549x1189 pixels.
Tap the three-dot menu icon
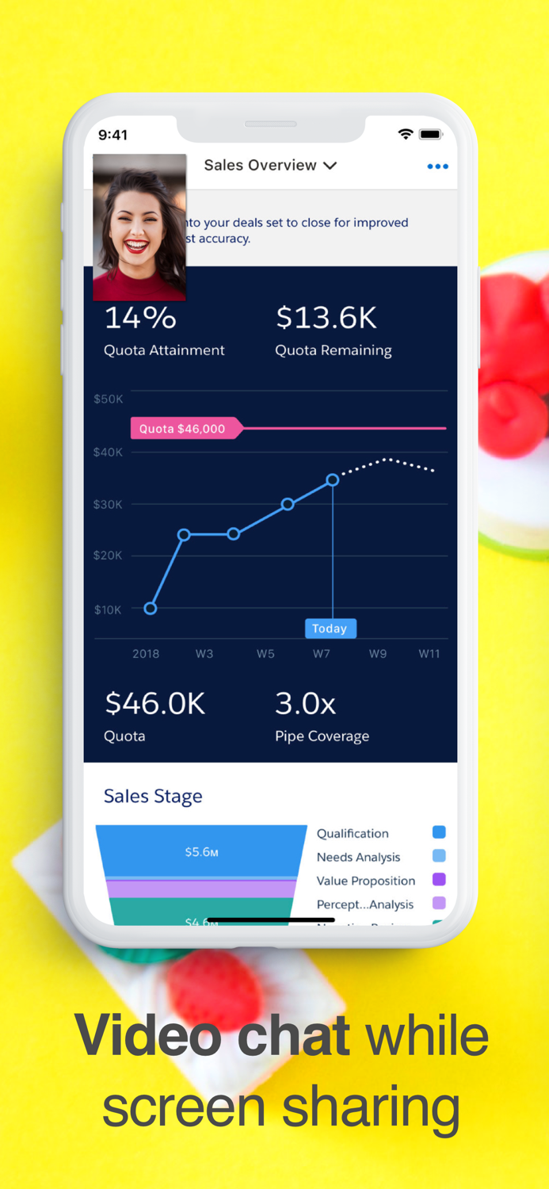[437, 166]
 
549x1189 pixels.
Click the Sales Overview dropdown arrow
[330, 166]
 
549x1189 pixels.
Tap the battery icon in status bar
[430, 135]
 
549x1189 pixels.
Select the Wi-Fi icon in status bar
[406, 135]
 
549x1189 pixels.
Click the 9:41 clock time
[112, 136]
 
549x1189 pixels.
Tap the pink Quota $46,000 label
[184, 429]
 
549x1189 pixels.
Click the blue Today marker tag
[330, 629]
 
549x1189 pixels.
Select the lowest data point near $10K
[151, 609]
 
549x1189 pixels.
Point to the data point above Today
[333, 480]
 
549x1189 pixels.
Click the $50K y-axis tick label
[109, 399]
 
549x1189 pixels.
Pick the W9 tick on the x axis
[378, 654]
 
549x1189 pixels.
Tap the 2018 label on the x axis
[146, 654]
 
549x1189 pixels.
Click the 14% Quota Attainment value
[140, 319]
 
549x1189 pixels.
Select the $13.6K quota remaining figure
[326, 319]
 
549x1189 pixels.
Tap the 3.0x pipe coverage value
[305, 703]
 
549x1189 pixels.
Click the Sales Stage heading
[153, 796]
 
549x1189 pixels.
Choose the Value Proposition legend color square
[439, 879]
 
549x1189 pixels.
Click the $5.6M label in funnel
[201, 852]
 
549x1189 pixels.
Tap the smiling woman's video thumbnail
[140, 227]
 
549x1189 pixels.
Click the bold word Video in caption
[147, 1036]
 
